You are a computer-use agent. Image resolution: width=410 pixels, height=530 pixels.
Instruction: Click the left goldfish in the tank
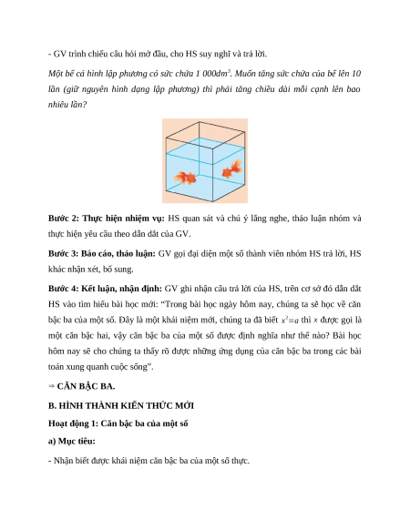(185, 178)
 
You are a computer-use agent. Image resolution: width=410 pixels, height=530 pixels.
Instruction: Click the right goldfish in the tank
(232, 168)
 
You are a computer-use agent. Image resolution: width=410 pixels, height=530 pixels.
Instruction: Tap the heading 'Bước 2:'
(64, 219)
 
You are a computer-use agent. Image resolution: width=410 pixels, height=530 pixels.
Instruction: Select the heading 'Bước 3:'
(63, 253)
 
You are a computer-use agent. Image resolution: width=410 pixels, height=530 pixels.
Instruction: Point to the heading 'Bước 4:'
(63, 289)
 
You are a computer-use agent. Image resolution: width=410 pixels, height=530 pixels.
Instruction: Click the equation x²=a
(290, 321)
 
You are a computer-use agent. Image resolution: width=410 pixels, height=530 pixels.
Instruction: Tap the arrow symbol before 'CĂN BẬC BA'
(51, 386)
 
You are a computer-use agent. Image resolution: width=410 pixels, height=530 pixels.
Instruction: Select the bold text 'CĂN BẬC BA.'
(86, 386)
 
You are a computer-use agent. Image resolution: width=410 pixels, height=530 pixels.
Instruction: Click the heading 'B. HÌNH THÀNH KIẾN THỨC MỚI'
(121, 405)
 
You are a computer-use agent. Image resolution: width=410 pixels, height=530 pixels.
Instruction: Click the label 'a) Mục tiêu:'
(72, 441)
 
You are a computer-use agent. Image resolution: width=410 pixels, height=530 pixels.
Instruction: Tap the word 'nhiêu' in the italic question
(57, 105)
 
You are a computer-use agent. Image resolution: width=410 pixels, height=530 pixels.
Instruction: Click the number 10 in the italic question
(356, 74)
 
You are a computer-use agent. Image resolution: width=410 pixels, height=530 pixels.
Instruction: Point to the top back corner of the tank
(200, 122)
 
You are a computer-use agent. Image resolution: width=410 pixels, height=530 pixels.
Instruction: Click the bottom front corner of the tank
(213, 201)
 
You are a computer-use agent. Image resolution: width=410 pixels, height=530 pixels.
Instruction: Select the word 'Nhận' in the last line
(63, 461)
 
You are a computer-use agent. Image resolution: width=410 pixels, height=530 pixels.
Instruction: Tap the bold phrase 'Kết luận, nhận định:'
(121, 289)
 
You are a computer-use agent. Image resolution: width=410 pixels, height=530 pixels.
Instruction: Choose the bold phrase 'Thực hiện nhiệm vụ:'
(124, 219)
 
